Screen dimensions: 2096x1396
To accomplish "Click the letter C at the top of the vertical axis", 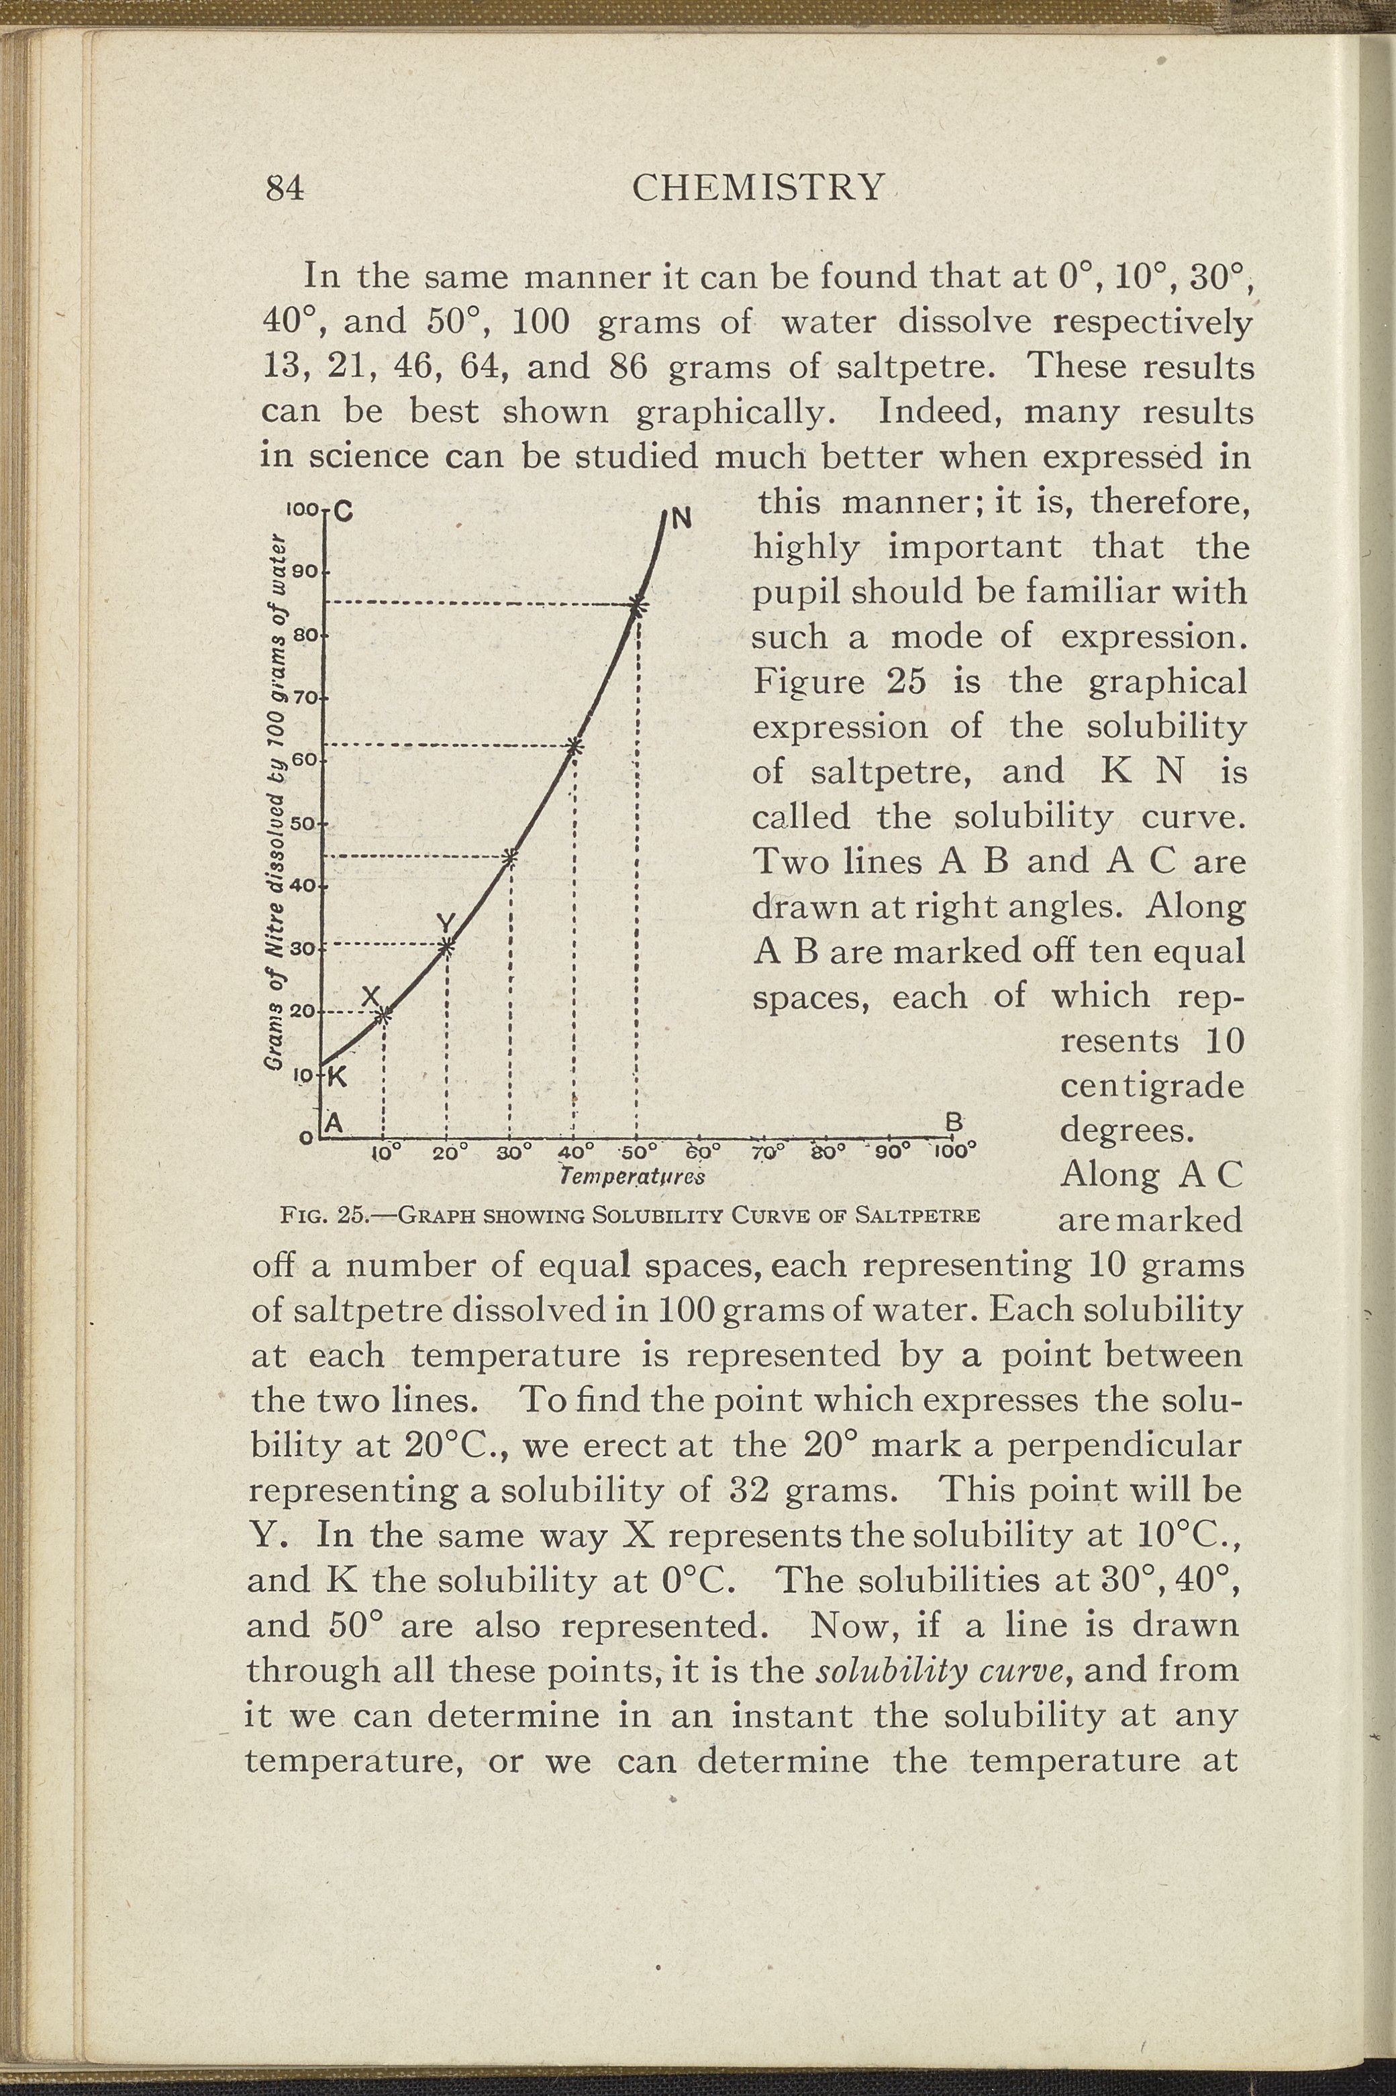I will tap(344, 513).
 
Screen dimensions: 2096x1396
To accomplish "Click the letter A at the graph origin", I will tap(335, 1121).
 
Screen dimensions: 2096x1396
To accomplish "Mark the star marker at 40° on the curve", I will tap(575, 746).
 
